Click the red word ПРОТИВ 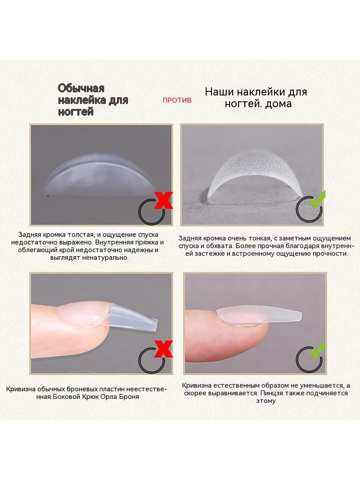(x=177, y=100)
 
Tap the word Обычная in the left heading (x=81, y=88)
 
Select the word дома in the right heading (x=278, y=104)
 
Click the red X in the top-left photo (x=163, y=200)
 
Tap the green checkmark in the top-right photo (x=317, y=199)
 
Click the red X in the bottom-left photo (x=163, y=349)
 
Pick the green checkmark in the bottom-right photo (x=317, y=350)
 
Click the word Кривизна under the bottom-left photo (x=21, y=389)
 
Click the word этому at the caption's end (x=266, y=401)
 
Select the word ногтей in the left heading (x=76, y=112)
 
